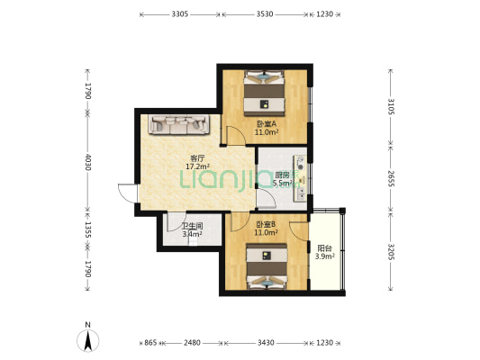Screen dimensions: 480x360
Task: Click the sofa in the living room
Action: pyautogui.click(x=179, y=124)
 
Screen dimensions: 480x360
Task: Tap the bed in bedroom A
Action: pyautogui.click(x=265, y=94)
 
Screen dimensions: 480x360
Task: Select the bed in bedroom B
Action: pyautogui.click(x=267, y=266)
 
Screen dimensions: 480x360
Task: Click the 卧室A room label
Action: pyautogui.click(x=267, y=124)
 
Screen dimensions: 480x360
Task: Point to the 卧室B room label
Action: pyautogui.click(x=266, y=224)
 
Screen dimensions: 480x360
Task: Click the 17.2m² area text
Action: pyautogui.click(x=197, y=166)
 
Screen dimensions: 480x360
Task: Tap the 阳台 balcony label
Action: pyautogui.click(x=324, y=248)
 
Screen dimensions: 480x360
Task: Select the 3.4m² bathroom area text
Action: pyautogui.click(x=192, y=234)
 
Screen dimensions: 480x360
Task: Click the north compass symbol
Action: pyautogui.click(x=88, y=341)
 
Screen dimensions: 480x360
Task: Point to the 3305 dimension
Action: pyautogui.click(x=180, y=14)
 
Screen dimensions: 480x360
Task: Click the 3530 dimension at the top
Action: pyautogui.click(x=265, y=14)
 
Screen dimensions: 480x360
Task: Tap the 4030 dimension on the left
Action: pyautogui.click(x=88, y=162)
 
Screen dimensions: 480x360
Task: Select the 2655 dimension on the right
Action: pyautogui.click(x=391, y=178)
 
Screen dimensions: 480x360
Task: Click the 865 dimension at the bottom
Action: pyautogui.click(x=150, y=343)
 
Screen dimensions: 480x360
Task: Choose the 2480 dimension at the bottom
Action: pyautogui.click(x=192, y=343)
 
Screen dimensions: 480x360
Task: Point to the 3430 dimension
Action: pyautogui.click(x=266, y=343)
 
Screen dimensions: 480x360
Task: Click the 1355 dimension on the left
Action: pyautogui.click(x=88, y=229)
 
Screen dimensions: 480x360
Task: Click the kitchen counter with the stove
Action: pyautogui.click(x=301, y=178)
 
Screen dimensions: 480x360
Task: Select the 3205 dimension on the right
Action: pyautogui.click(x=391, y=252)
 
